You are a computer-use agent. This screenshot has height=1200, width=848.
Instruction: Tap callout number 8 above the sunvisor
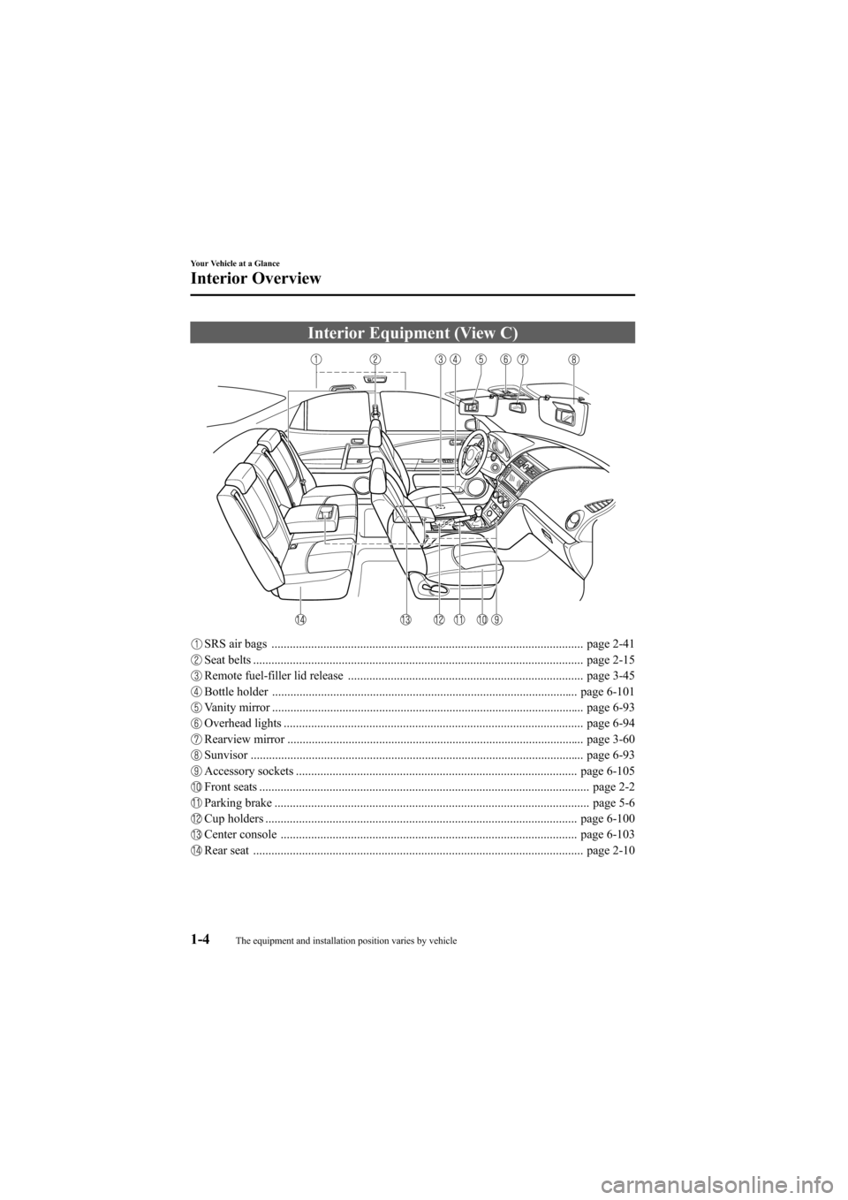(574, 359)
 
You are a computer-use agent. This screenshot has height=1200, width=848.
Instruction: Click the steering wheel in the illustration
(473, 443)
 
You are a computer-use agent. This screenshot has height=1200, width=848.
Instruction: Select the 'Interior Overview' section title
(255, 278)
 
